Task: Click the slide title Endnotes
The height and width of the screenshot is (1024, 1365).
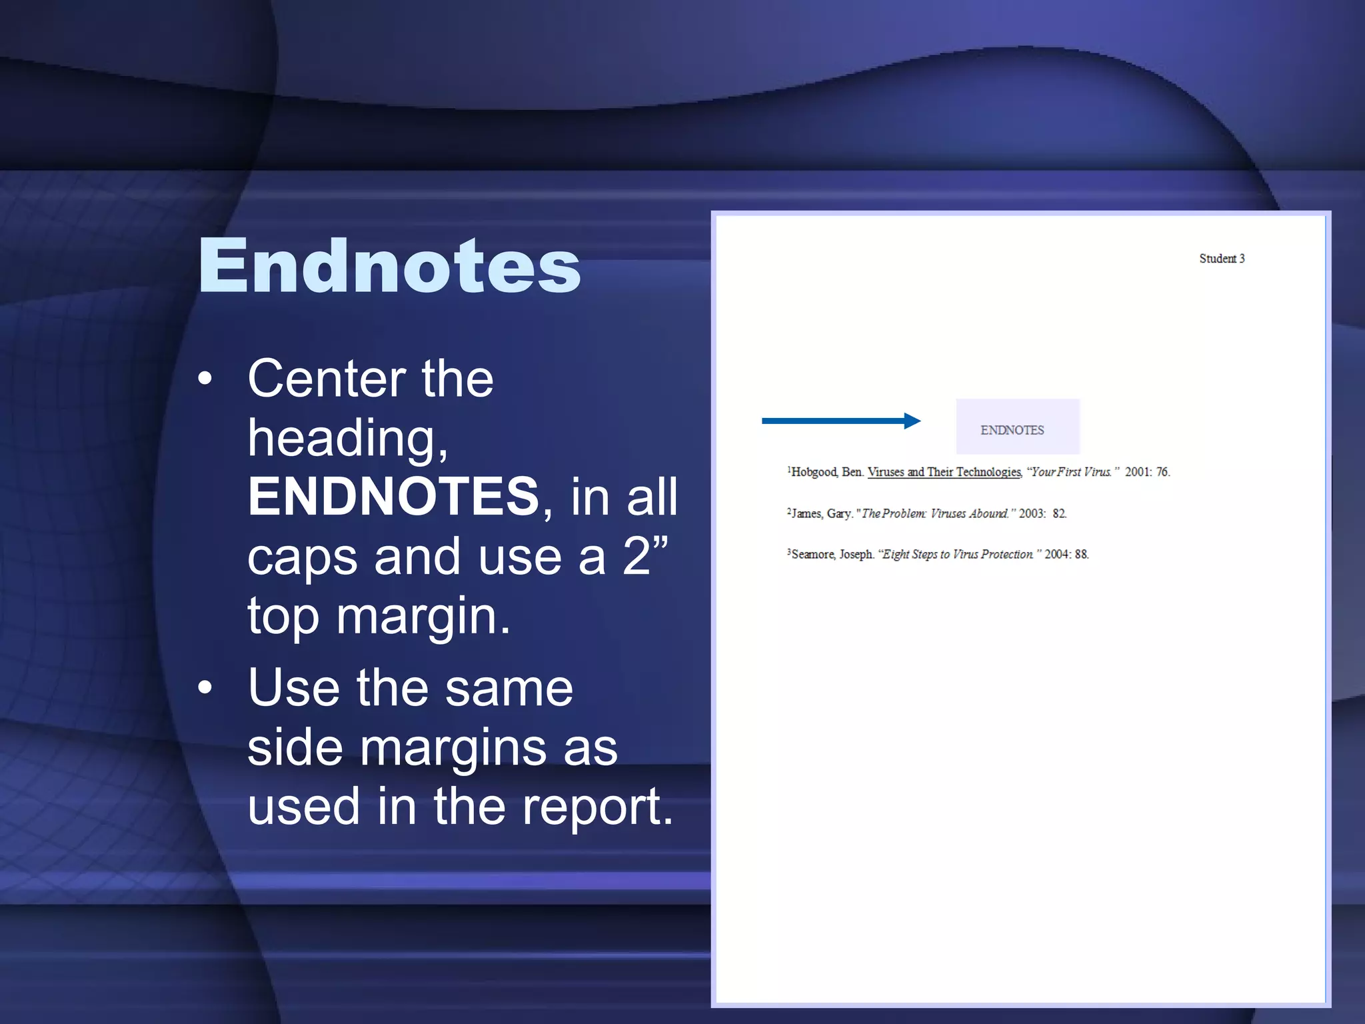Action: click(390, 267)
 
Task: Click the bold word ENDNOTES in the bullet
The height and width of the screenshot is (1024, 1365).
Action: click(393, 497)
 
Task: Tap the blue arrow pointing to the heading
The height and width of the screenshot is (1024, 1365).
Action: click(841, 421)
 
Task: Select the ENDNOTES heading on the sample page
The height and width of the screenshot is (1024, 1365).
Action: click(1012, 430)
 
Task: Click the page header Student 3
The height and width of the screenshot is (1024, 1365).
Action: click(1222, 259)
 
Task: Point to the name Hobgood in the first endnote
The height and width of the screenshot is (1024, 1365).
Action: click(813, 472)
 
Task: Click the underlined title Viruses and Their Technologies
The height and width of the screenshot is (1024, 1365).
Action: click(944, 472)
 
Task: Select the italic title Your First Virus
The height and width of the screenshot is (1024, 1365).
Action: click(1070, 472)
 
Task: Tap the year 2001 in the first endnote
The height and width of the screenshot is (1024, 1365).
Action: click(1138, 472)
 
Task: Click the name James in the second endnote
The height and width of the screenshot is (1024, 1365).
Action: click(806, 513)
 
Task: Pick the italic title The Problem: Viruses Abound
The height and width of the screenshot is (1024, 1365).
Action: click(934, 513)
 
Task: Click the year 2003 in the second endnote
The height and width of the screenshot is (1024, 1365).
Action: click(1032, 513)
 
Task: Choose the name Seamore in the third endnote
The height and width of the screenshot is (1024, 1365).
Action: click(813, 554)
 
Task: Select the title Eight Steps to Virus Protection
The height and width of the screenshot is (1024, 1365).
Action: click(958, 554)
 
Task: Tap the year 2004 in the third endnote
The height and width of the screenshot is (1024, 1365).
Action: click(1057, 554)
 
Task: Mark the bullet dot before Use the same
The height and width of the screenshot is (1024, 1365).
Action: click(205, 687)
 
